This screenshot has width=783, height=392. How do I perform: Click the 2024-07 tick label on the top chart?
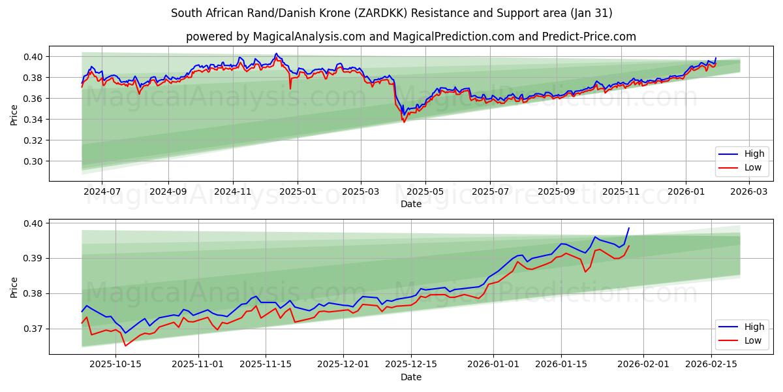pos(102,192)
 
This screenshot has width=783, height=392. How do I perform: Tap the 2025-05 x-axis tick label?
pos(425,192)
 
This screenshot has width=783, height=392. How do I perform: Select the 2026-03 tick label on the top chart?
pos(748,192)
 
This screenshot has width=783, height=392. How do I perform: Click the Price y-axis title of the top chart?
pos(14,115)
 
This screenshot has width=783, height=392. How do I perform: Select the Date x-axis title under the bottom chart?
pos(411,377)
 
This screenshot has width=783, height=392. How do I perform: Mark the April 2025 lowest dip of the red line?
pos(404,122)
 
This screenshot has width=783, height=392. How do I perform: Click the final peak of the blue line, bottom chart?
pos(629,228)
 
